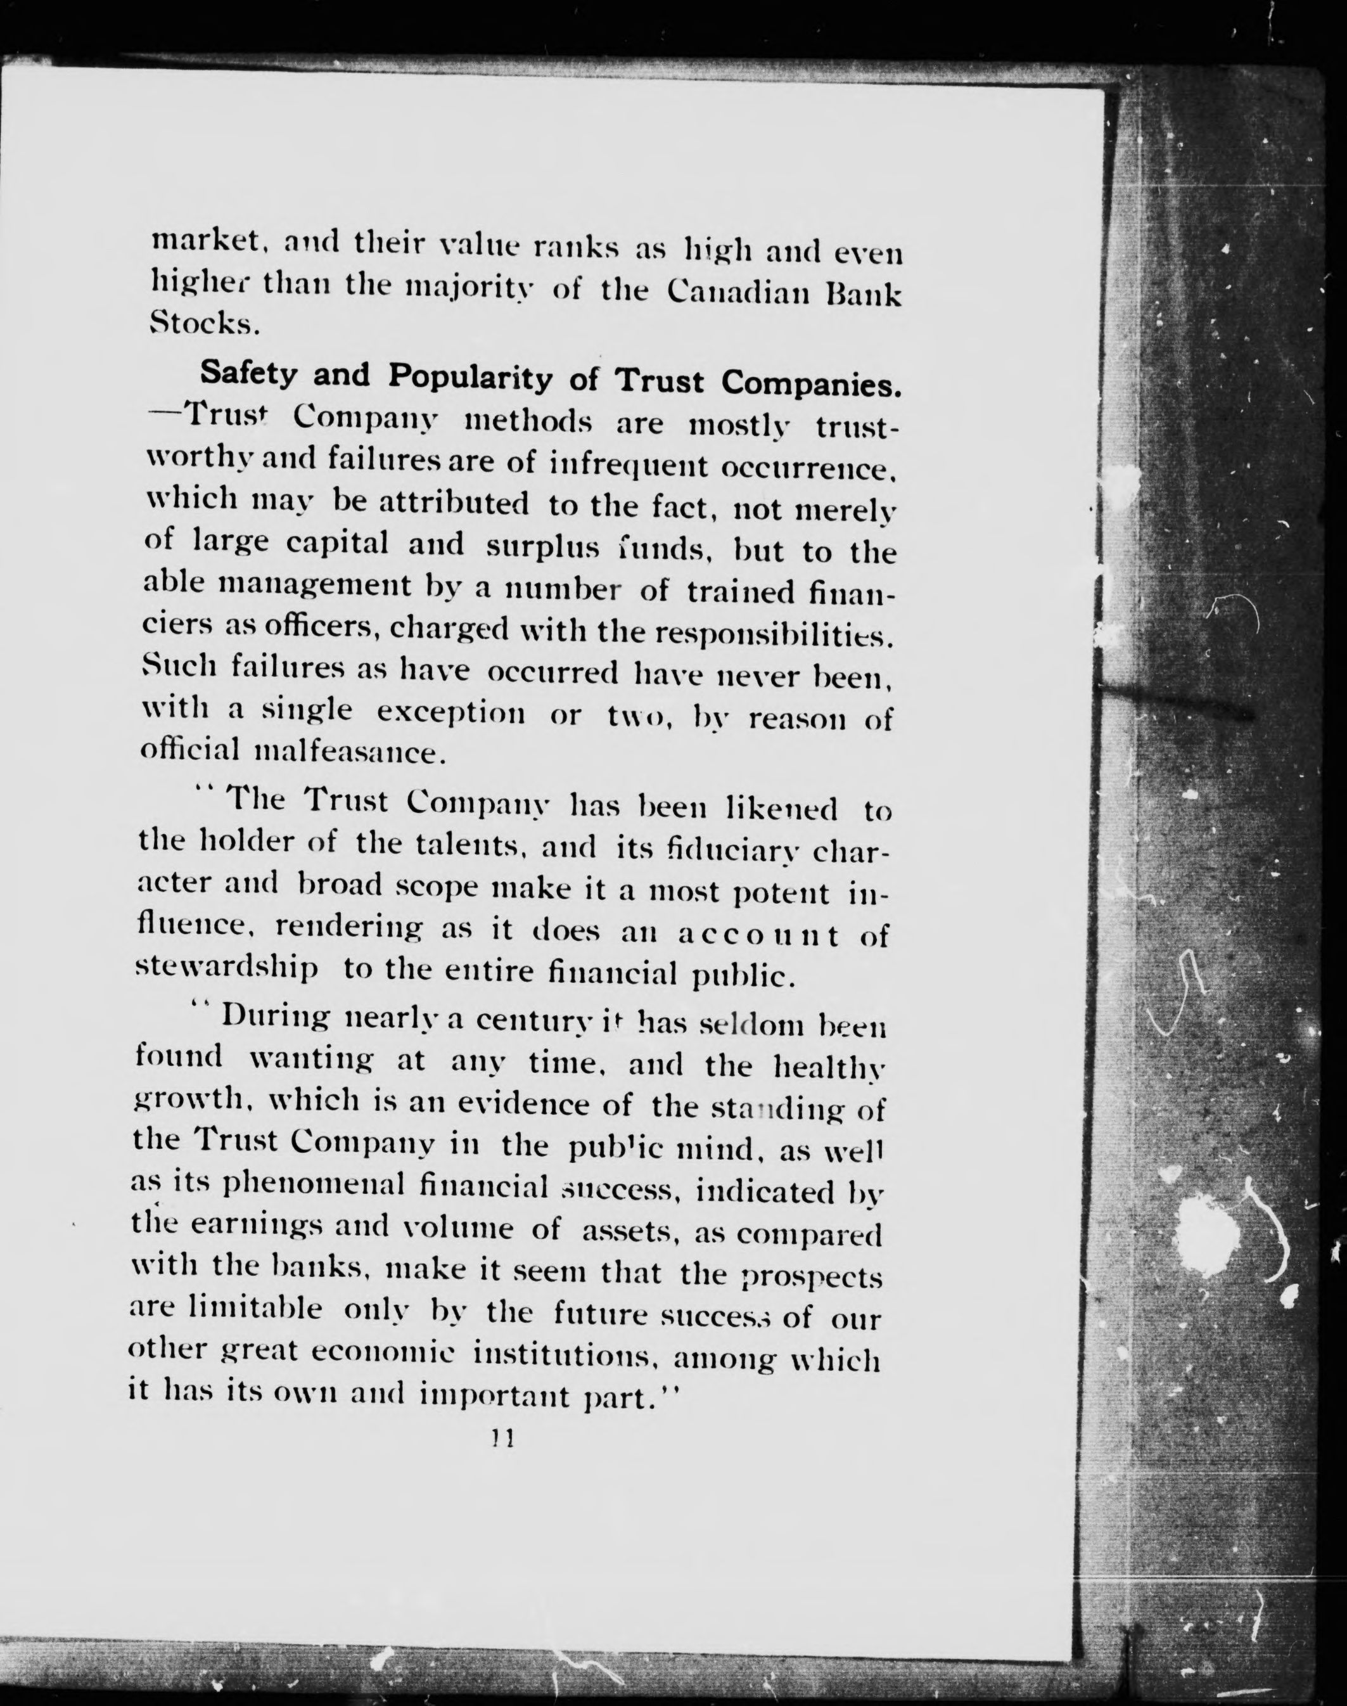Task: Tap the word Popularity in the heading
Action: [x=469, y=378]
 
